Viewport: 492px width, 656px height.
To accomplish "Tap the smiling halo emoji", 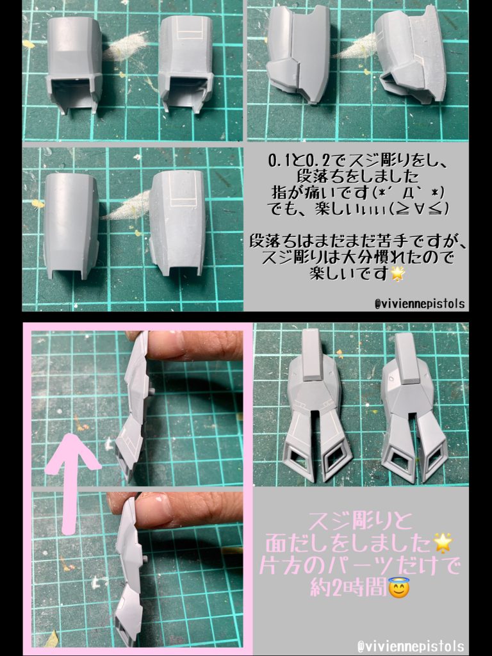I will coord(398,603).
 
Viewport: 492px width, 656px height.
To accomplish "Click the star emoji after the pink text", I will coord(443,543).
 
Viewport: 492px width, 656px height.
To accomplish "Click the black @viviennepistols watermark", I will coord(420,304).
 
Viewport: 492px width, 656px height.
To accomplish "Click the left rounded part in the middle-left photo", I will coord(71,225).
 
